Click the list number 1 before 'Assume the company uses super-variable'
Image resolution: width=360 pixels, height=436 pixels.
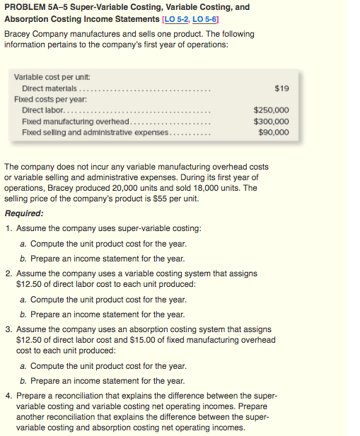click(8, 229)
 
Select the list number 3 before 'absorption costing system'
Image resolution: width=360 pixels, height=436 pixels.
click(8, 329)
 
